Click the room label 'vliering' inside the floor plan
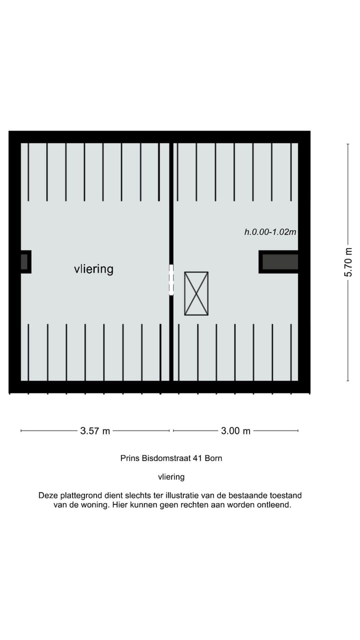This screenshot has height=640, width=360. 93,269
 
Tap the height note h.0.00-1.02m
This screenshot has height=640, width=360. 270,232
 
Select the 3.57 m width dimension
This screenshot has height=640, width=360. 95,430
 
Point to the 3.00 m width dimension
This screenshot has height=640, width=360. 235,430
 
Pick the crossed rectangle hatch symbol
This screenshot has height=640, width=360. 196,293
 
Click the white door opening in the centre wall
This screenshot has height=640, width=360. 171,280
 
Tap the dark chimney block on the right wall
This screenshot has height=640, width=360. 280,262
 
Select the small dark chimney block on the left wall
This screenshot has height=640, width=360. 24,262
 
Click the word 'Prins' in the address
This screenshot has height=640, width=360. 130,457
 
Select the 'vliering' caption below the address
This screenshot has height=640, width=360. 171,477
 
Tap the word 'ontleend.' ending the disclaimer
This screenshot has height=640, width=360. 274,505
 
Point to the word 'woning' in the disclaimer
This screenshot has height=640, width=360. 90,505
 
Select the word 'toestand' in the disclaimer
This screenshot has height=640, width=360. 285,495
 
